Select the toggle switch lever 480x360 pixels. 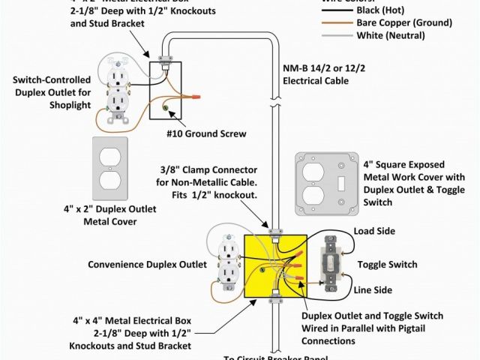(x=328, y=262)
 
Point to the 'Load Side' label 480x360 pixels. (x=374, y=230)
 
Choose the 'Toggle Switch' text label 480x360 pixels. (x=387, y=265)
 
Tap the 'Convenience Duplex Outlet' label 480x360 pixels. (x=147, y=265)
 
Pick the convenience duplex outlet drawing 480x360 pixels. (x=227, y=263)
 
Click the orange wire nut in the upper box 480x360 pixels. (x=196, y=97)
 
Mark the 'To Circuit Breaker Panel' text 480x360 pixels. (x=277, y=357)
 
